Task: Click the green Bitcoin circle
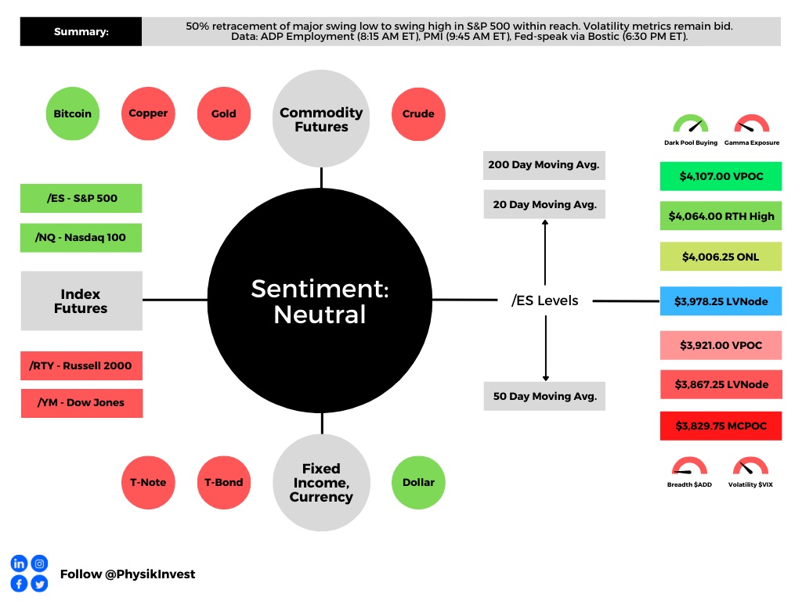73,113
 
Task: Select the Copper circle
148,113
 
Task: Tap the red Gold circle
223,113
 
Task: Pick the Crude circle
418,113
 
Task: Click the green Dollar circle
418,482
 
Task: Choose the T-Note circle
148,482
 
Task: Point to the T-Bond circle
223,482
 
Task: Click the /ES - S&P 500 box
81,198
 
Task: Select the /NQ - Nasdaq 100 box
81,237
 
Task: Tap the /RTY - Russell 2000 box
81,365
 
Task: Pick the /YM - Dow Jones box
81,403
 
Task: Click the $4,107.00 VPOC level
721,176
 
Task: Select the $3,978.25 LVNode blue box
721,301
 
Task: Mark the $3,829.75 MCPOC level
721,426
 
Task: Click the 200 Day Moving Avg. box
544,165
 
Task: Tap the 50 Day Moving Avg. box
544,396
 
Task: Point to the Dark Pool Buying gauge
690,125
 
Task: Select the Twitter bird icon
39,583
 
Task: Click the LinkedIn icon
19,563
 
